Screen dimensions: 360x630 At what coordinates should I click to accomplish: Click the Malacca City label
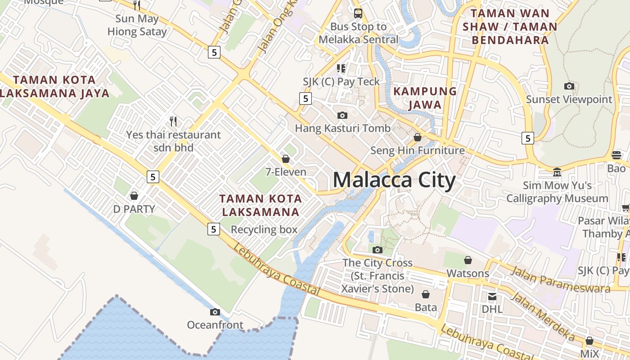tap(394, 180)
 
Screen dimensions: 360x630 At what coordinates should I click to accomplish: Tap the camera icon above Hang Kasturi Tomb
tap(342, 115)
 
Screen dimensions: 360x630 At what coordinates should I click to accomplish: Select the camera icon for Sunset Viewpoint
tap(569, 86)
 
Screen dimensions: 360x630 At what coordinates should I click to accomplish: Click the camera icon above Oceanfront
tap(215, 312)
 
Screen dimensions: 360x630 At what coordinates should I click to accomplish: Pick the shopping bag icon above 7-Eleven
tap(285, 159)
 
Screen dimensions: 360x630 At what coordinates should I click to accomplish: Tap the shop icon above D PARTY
tap(134, 196)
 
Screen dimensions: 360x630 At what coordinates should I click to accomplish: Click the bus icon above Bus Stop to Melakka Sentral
tap(358, 13)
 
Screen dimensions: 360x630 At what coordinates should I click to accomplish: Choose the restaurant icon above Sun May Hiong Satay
tap(137, 5)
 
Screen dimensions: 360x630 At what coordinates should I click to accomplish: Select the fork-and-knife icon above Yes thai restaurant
tap(173, 121)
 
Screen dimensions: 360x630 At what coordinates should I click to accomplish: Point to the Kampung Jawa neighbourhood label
tap(425, 98)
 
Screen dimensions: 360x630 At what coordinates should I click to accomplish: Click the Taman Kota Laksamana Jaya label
tap(54, 86)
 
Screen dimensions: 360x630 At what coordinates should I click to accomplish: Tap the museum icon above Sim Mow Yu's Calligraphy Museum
tap(557, 172)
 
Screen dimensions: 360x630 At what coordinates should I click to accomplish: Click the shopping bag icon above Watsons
tap(468, 260)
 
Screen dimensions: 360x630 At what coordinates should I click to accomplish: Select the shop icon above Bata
tap(426, 294)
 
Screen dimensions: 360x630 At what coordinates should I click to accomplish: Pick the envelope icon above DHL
tap(492, 296)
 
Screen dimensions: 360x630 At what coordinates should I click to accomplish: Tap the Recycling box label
tap(264, 229)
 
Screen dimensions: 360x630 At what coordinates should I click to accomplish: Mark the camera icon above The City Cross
tap(378, 250)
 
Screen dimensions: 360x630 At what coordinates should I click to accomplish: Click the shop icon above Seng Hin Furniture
tap(418, 137)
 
